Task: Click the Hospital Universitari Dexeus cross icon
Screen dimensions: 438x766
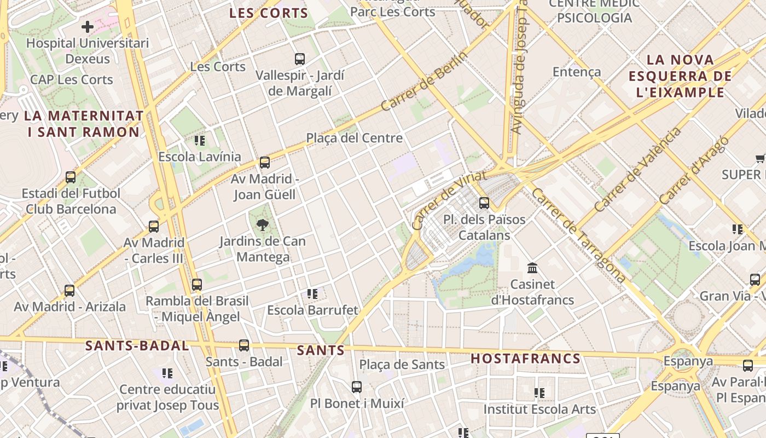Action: pos(88,26)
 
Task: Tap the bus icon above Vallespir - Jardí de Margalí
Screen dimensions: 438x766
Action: pos(300,59)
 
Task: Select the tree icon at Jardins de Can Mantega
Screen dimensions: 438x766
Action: pos(263,224)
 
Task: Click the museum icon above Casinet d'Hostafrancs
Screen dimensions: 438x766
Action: pos(532,268)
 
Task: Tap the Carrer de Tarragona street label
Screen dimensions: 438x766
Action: pos(578,235)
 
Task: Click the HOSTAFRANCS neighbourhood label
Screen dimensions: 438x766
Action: pos(525,359)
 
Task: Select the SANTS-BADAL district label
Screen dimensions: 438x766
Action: pos(137,345)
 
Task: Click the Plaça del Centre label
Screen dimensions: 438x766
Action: pos(354,138)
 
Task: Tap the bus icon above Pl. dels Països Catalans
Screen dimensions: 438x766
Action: pos(484,203)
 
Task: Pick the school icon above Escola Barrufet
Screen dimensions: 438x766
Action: pos(312,294)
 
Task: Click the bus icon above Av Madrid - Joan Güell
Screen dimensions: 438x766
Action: pos(265,162)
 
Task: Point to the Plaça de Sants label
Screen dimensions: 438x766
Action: pos(402,364)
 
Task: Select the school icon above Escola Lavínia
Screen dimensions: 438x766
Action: pos(200,141)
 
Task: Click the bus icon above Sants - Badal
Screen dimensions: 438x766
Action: pos(244,345)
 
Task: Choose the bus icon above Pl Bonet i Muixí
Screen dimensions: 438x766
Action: pos(357,387)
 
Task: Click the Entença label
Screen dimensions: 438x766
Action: pos(577,72)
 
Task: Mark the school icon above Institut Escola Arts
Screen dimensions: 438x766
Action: pos(539,393)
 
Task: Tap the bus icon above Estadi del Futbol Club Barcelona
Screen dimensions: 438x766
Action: pos(71,177)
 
